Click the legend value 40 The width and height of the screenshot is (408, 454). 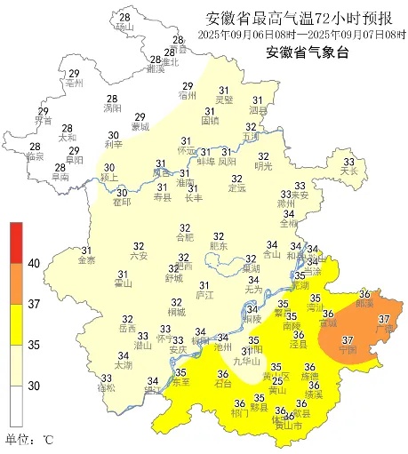tap(35, 264)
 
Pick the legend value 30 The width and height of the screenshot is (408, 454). tap(35, 386)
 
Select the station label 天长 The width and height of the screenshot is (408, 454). tap(348, 171)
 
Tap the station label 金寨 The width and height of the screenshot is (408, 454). tap(87, 261)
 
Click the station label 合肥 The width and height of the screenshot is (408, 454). tap(184, 237)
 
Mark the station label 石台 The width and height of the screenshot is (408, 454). tap(224, 384)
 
